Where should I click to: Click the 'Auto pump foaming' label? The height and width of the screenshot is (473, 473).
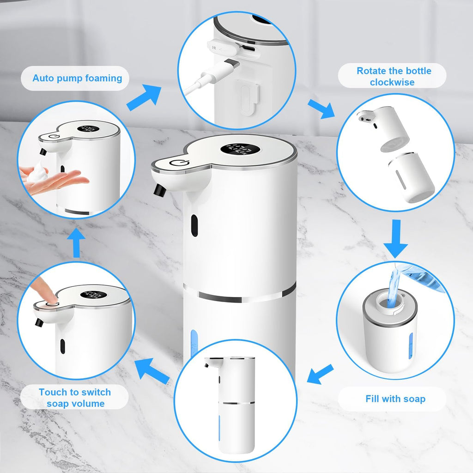tap(77, 78)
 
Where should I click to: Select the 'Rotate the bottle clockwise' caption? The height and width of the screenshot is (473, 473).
tap(394, 76)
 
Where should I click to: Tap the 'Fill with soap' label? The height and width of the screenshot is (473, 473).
tap(395, 399)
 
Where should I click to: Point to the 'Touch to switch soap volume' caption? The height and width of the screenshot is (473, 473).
tap(74, 398)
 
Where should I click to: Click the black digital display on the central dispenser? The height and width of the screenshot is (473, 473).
tap(236, 150)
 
